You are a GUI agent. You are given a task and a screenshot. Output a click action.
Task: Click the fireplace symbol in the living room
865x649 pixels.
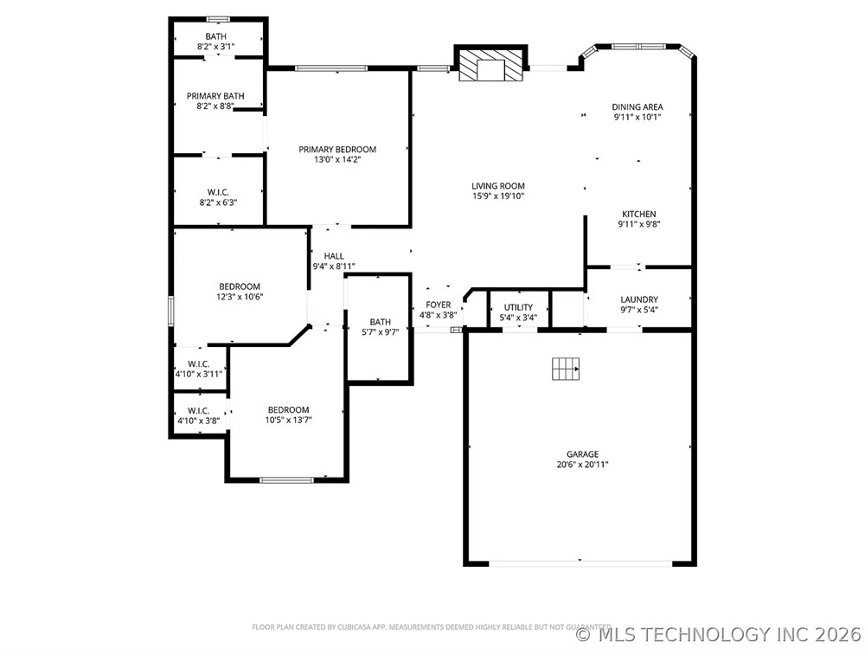click(x=490, y=65)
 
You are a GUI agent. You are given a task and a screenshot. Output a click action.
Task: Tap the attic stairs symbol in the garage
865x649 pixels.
click(x=566, y=369)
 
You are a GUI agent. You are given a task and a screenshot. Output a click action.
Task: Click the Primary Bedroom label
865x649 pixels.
click(x=337, y=150)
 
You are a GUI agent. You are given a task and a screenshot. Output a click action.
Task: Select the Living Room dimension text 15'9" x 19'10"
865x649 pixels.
click(x=498, y=196)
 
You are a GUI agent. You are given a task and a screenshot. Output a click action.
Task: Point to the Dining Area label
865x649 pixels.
click(x=638, y=107)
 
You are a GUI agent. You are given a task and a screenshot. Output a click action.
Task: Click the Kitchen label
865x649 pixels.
click(x=639, y=214)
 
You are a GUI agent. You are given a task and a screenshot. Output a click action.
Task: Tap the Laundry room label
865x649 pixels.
click(x=639, y=299)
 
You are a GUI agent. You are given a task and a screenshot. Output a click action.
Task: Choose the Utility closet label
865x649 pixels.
click(x=518, y=307)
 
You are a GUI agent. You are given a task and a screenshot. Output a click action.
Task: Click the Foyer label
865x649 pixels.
click(x=438, y=305)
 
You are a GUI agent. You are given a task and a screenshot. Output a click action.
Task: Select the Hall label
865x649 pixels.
click(x=334, y=256)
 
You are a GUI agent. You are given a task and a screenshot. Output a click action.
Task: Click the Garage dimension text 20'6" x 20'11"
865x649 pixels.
click(x=582, y=465)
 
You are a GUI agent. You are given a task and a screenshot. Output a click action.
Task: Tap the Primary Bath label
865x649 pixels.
click(x=215, y=96)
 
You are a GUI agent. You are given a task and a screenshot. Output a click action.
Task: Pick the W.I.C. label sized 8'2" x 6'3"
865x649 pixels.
click(x=218, y=193)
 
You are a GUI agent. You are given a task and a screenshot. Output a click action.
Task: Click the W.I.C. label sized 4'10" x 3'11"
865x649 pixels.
click(x=199, y=364)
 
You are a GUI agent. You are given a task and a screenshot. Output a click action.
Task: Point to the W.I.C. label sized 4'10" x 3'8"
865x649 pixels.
click(x=199, y=411)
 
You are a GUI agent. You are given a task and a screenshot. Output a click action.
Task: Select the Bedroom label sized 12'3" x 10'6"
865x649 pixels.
click(x=240, y=287)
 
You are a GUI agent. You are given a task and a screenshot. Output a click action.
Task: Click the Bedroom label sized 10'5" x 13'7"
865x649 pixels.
click(x=289, y=410)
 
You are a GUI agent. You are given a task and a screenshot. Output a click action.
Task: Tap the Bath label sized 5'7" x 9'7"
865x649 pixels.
click(x=380, y=322)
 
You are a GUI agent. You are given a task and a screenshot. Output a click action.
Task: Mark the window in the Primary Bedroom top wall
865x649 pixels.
click(x=331, y=68)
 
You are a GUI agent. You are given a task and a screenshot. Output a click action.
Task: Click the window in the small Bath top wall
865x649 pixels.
click(x=218, y=19)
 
